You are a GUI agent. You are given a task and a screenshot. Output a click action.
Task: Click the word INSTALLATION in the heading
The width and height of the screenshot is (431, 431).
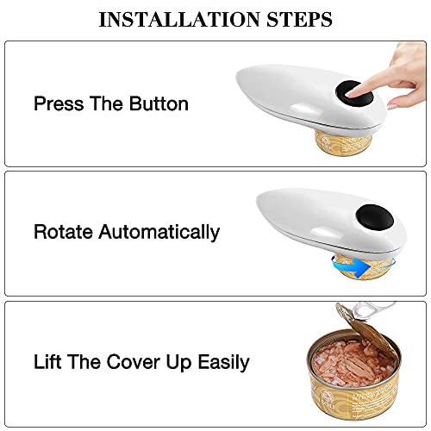(x=179, y=19)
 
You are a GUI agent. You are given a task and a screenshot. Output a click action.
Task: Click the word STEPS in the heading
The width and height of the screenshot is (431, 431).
(x=299, y=19)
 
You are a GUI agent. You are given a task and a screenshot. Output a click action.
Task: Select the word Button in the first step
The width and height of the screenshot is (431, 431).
(x=159, y=103)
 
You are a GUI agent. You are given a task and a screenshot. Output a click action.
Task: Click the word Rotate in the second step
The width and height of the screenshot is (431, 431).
(x=63, y=232)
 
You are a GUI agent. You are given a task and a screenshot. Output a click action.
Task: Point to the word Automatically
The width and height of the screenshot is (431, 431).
(x=159, y=232)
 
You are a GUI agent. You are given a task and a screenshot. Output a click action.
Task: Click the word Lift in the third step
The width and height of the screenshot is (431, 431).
(x=47, y=361)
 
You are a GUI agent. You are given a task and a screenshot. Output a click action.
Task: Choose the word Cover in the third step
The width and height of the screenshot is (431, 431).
(x=133, y=362)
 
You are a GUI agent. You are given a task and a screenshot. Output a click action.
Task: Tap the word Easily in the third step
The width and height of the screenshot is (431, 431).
(x=224, y=362)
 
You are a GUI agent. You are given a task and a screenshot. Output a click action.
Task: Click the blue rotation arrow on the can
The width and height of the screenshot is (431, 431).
(x=351, y=266)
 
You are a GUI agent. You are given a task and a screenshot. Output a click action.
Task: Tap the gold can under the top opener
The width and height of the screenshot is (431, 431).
(x=343, y=145)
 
